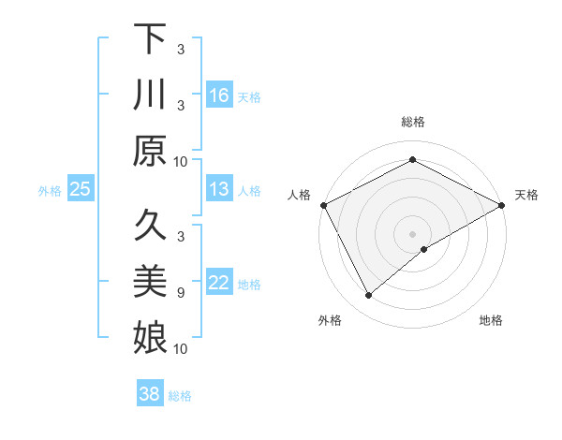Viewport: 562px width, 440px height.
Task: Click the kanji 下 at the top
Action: click(x=151, y=40)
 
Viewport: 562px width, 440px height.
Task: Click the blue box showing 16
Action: click(x=219, y=95)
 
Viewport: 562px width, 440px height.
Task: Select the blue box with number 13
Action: click(x=219, y=190)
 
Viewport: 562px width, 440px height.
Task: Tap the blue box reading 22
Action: click(x=219, y=284)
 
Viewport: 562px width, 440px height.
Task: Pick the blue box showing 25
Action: click(x=81, y=190)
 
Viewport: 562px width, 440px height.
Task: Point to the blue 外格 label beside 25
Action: click(x=50, y=191)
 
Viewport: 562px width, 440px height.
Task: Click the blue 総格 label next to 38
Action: click(x=180, y=396)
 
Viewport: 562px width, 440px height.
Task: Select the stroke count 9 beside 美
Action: click(x=180, y=292)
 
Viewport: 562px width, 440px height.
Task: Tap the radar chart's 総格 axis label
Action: click(x=412, y=123)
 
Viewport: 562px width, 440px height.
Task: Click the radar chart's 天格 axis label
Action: click(x=527, y=195)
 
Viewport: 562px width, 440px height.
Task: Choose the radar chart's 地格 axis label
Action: click(x=491, y=320)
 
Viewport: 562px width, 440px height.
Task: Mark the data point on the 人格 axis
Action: click(x=323, y=204)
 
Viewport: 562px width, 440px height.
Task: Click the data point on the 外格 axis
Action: click(x=369, y=296)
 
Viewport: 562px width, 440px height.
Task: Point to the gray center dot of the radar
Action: click(x=412, y=233)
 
